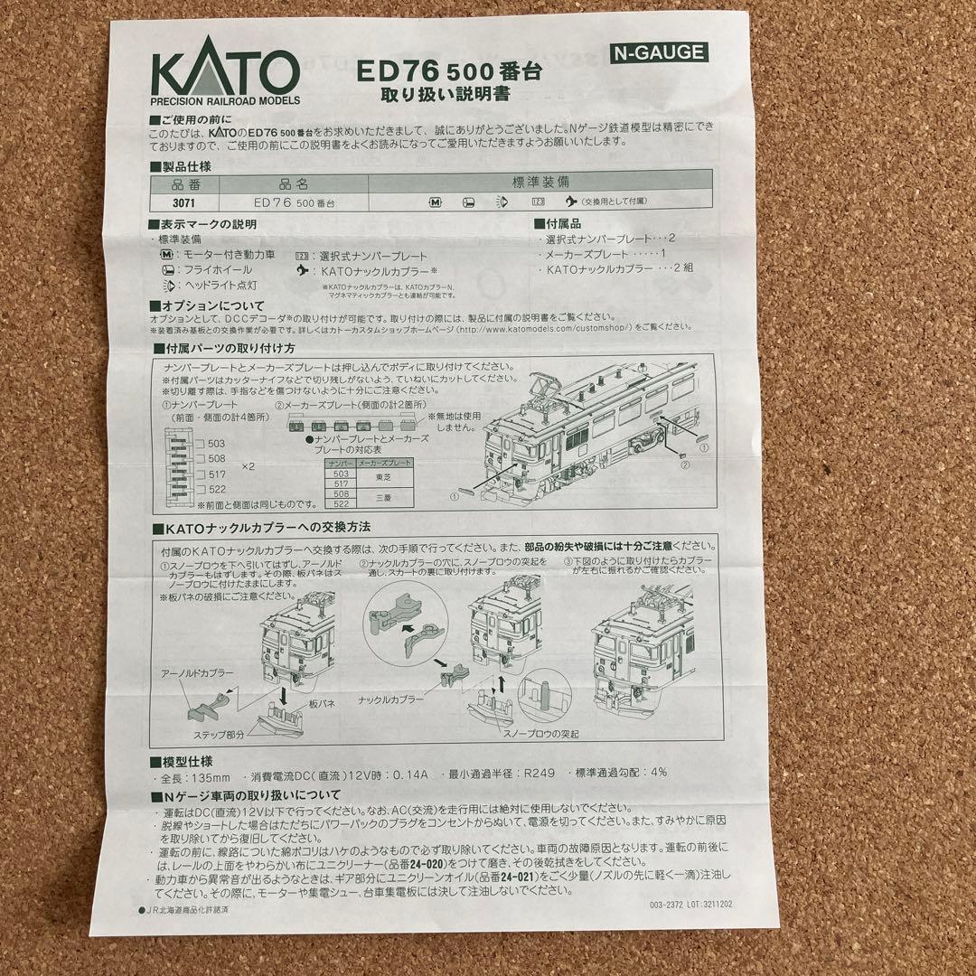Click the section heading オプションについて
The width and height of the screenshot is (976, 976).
211,305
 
